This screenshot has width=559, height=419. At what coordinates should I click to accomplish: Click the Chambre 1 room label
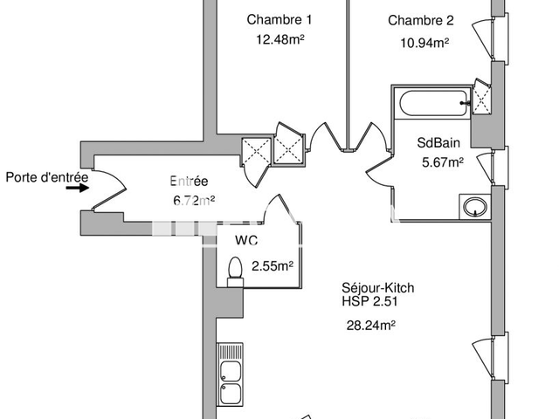pos(279,20)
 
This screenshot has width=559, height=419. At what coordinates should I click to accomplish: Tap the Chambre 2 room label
pos(420,21)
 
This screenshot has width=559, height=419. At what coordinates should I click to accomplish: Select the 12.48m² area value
pos(279,39)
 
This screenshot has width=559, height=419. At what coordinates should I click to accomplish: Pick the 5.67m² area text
pos(442,161)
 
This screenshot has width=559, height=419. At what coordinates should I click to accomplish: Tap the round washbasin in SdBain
pos(474,208)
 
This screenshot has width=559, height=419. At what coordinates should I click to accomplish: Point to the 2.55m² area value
pos(273,266)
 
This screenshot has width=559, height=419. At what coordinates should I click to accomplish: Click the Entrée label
pos(188,182)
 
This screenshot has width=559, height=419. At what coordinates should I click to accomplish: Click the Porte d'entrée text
pos(47,178)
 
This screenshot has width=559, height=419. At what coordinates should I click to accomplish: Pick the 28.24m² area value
pos(371,326)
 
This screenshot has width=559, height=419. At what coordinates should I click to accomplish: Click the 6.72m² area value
pos(193,200)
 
